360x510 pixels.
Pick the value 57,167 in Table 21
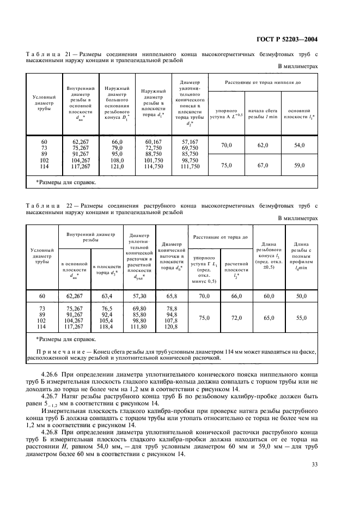click(x=191, y=142)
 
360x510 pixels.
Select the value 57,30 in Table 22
click(x=140, y=296)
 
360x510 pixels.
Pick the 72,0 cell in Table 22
click(x=236, y=317)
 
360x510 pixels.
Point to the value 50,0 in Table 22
click(x=301, y=296)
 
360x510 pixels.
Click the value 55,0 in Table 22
click(x=301, y=317)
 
